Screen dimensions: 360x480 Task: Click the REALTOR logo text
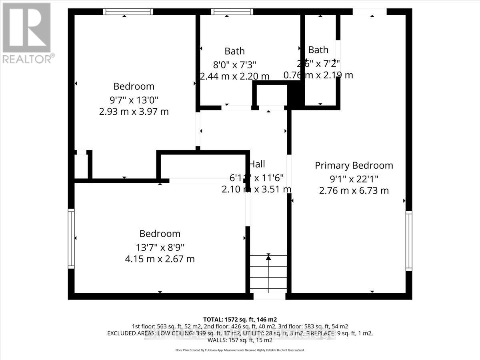[28, 59]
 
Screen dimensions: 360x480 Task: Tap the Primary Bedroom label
[354, 165]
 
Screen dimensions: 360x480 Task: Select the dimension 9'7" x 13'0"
[134, 99]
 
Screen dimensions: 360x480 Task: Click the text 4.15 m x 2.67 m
[160, 259]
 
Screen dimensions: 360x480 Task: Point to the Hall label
[257, 164]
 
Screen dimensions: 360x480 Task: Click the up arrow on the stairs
[268, 258]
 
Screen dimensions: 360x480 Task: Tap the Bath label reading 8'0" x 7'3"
[234, 51]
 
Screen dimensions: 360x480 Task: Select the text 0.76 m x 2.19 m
[318, 75]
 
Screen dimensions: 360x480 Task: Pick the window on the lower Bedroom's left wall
[71, 238]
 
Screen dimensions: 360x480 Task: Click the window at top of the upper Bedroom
[128, 12]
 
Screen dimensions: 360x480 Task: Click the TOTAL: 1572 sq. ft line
[240, 319]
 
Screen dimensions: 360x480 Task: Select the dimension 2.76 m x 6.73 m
[354, 191]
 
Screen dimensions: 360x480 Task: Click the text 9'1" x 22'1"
[354, 178]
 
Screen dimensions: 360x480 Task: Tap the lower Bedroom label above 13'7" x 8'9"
[160, 234]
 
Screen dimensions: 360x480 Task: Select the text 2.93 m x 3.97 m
[134, 112]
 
